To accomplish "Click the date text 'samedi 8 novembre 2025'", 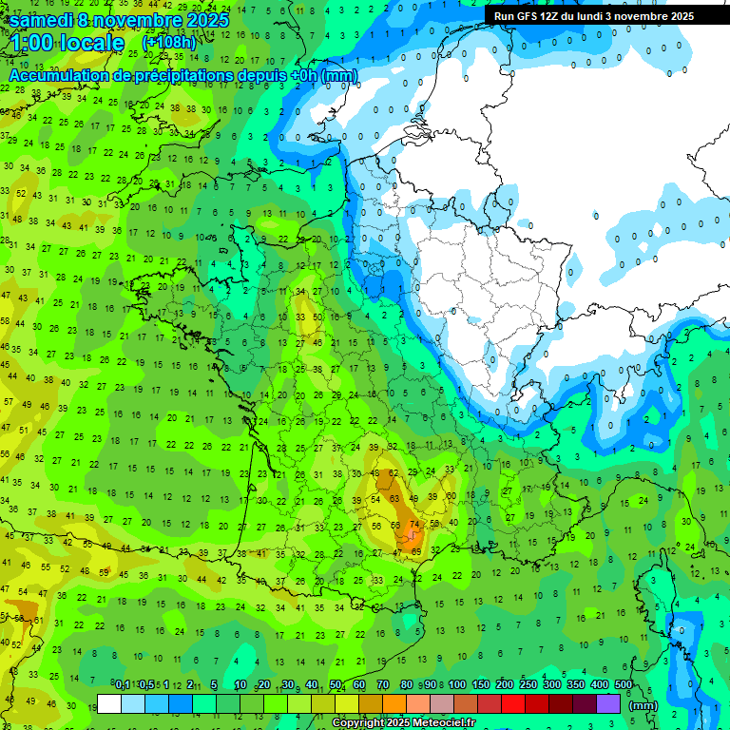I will point(118,19).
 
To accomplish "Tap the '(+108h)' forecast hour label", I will point(168,43).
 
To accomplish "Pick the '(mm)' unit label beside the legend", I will point(643,705).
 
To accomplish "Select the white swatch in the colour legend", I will point(109,704).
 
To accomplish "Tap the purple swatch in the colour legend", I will point(608,704).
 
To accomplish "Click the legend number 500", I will point(624,684).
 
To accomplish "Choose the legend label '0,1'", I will point(123,684).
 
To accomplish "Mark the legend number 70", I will point(382,684).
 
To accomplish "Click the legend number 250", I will point(528,684).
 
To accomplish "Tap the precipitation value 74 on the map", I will point(413,525).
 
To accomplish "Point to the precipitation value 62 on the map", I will point(394,472).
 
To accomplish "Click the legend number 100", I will point(457,684).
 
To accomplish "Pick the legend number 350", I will point(576,684).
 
